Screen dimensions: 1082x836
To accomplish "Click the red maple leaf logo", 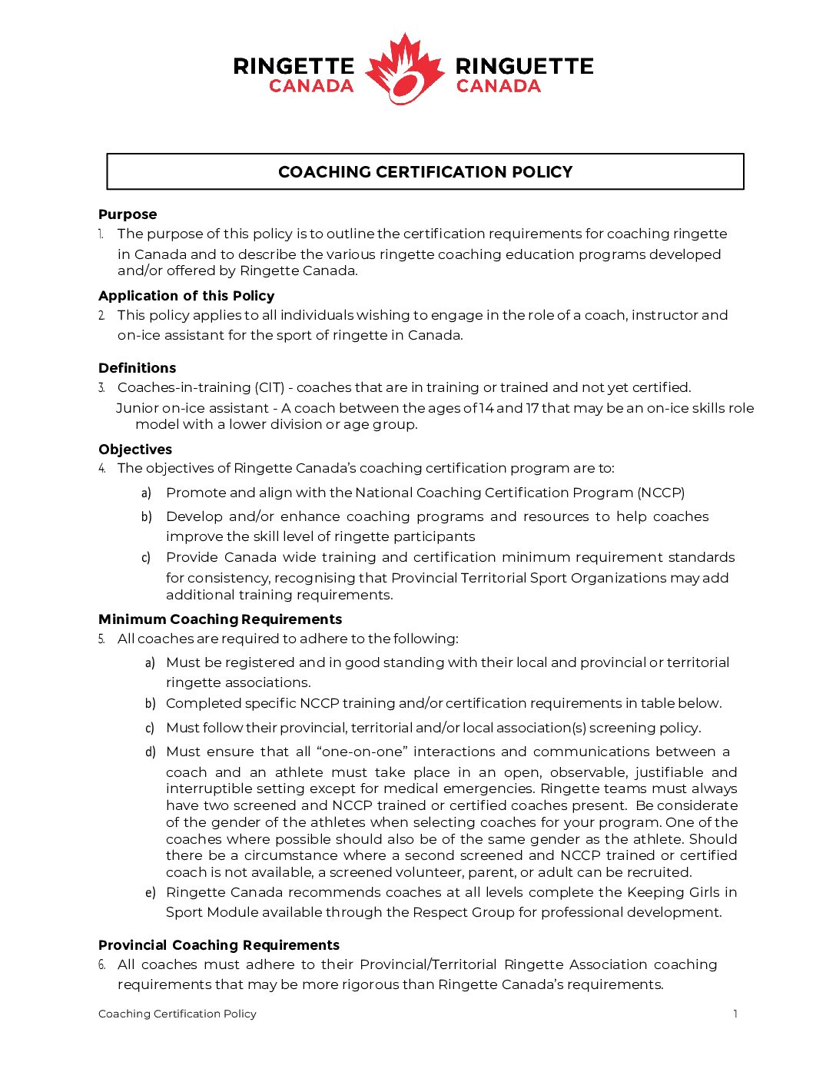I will pyautogui.click(x=404, y=69).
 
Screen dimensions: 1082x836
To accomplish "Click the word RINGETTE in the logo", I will pyautogui.click(x=294, y=66).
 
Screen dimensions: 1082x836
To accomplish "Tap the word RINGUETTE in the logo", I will pyautogui.click(x=524, y=66).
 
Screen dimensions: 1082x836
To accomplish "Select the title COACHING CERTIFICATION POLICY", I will pyautogui.click(x=425, y=172).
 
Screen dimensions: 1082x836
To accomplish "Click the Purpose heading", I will pyautogui.click(x=128, y=214).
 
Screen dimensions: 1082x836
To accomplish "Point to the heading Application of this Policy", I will pyautogui.click(x=186, y=296).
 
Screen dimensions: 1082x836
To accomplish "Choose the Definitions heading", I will pyautogui.click(x=137, y=368).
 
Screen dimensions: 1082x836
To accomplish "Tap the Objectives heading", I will pyautogui.click(x=135, y=450).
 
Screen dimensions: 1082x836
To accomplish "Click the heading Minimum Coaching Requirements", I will pyautogui.click(x=220, y=619).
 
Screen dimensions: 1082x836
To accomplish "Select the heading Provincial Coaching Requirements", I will pyautogui.click(x=219, y=945).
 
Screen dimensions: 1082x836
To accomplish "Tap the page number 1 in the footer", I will pyautogui.click(x=735, y=1014).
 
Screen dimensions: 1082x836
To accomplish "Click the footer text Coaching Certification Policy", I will pyautogui.click(x=177, y=1014).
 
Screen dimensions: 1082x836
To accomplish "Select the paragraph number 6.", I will pyautogui.click(x=101, y=964).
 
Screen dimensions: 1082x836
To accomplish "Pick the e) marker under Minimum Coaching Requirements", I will pyautogui.click(x=151, y=892).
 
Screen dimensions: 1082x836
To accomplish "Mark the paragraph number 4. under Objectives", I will pyautogui.click(x=101, y=468).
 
